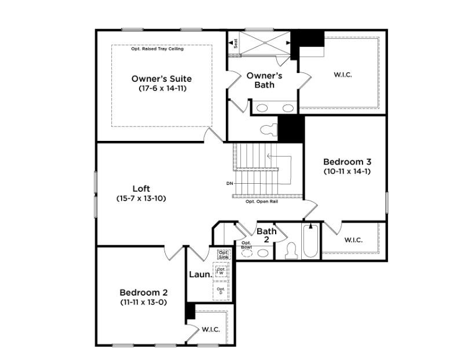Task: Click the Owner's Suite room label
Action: click(162, 78)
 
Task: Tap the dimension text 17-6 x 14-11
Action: click(162, 89)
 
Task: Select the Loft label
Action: click(141, 188)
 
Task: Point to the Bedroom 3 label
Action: click(347, 162)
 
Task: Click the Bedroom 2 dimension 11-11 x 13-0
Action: click(143, 302)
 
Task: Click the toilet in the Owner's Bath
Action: click(270, 129)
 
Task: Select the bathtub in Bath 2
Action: click(310, 241)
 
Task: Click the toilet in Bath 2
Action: click(291, 250)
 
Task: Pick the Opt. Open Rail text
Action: click(261, 201)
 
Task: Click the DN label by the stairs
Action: click(229, 184)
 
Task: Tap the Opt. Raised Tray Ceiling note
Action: click(158, 49)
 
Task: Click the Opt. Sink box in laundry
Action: click(223, 254)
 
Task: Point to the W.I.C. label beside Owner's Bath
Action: click(343, 74)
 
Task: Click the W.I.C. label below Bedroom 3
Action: click(353, 240)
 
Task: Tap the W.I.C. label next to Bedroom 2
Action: click(211, 329)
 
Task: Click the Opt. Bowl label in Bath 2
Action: click(246, 245)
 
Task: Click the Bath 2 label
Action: click(266, 235)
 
